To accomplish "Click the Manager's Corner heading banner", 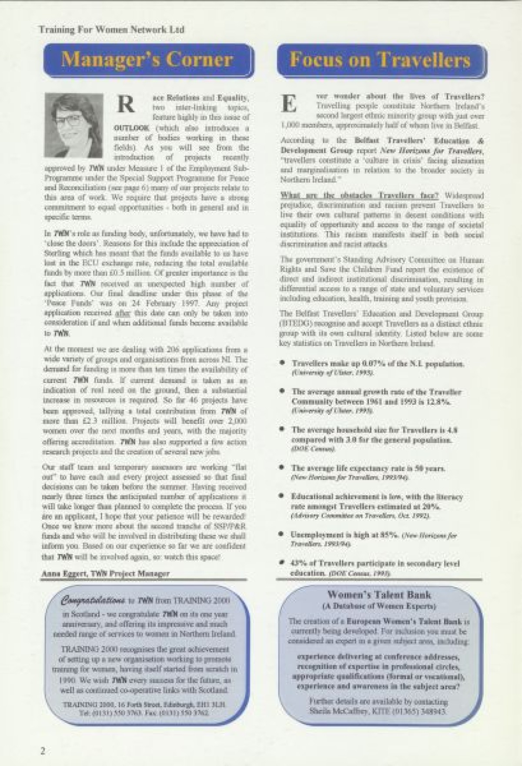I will click(x=147, y=60).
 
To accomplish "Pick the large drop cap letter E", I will click(x=291, y=104).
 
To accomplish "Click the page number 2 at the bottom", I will click(x=43, y=751).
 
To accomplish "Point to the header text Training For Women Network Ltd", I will click(x=111, y=30).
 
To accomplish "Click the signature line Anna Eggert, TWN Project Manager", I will click(x=105, y=573).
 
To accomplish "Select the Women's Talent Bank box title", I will click(x=379, y=595).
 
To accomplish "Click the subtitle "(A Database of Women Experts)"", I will click(x=379, y=606).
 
